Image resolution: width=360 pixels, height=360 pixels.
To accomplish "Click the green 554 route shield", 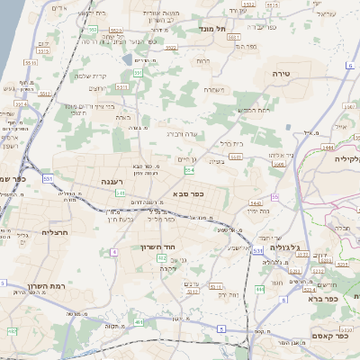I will coord(189,169).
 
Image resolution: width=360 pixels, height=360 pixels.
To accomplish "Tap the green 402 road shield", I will coord(162,258).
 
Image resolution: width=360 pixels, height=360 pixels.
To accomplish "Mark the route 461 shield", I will coord(138,322).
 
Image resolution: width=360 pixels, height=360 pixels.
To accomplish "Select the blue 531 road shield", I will coord(258,249).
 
